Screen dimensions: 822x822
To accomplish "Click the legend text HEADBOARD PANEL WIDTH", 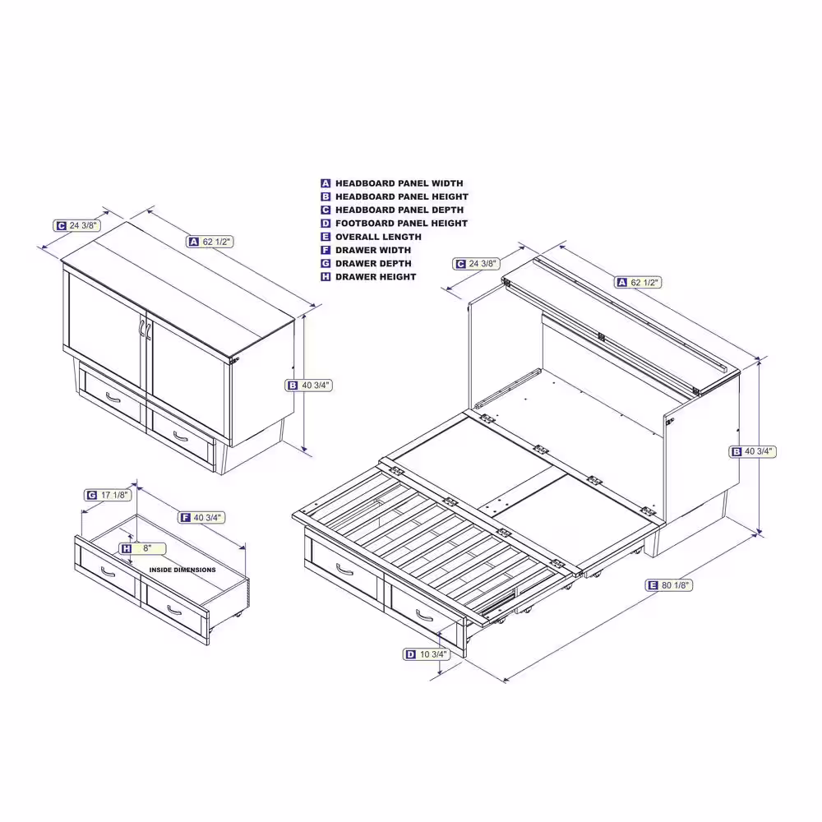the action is (399, 183).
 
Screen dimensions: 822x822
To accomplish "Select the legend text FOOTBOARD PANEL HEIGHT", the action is (401, 224).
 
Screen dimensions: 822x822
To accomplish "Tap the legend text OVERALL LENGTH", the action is (378, 237).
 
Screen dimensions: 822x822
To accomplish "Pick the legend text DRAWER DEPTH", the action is (373, 264).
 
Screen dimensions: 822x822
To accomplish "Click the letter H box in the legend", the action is (326, 277).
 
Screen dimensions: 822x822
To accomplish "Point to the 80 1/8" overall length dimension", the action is (669, 585).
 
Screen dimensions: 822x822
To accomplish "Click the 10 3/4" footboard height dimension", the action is (426, 654).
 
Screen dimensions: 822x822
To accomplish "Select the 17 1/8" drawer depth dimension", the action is (108, 496).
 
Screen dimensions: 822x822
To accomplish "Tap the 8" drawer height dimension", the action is (142, 549).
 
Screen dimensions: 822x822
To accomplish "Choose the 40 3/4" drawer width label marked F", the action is (202, 518).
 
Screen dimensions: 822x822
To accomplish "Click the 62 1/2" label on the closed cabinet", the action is (210, 242).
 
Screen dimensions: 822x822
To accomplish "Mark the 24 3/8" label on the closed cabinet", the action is (76, 226).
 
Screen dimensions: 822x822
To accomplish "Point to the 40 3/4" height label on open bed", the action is (752, 451).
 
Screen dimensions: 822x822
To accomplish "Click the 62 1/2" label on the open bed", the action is (638, 283).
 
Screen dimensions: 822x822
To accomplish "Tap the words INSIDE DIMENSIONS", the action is (182, 570).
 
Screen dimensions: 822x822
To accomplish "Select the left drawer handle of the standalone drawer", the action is (108, 572).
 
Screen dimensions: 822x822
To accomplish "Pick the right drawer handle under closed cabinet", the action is (180, 436).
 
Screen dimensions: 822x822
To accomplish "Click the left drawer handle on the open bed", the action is (344, 570).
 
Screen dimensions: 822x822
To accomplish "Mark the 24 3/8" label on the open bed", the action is (476, 264).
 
